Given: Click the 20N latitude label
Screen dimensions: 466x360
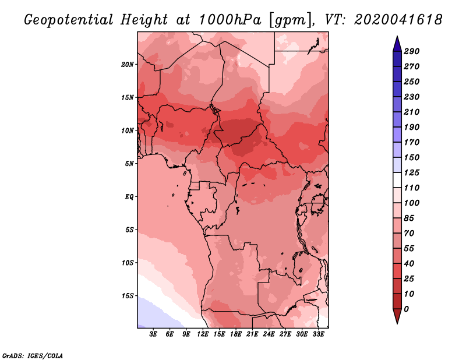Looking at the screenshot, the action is [x=127, y=64].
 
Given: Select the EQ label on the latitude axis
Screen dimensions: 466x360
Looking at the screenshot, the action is [x=129, y=197].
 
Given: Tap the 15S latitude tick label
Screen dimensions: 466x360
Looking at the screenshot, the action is [x=127, y=296].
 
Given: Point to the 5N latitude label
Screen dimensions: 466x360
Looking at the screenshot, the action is [x=129, y=164].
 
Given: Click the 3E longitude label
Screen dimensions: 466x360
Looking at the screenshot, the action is [x=153, y=334].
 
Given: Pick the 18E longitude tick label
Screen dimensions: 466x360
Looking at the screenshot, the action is [x=236, y=334].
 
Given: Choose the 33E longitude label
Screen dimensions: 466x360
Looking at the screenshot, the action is [x=318, y=334].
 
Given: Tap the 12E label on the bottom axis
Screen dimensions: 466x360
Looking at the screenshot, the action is [x=203, y=334].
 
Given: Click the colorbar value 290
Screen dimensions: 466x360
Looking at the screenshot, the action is [x=412, y=51].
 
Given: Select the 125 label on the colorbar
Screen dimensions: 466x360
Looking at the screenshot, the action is [x=412, y=172].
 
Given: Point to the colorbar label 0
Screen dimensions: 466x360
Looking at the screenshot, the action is [x=406, y=309].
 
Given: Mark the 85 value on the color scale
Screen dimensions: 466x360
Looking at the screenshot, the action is [x=409, y=218].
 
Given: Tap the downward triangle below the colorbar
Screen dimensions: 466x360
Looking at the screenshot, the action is [x=397, y=316].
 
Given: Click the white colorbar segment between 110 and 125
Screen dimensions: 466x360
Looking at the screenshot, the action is [x=397, y=180].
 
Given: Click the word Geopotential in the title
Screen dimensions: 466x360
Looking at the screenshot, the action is [x=69, y=20].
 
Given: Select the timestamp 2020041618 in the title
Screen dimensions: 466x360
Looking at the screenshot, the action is [x=398, y=20].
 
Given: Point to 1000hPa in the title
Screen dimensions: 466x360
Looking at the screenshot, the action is [x=230, y=20].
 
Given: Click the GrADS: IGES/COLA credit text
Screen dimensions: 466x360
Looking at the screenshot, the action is [x=33, y=355].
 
